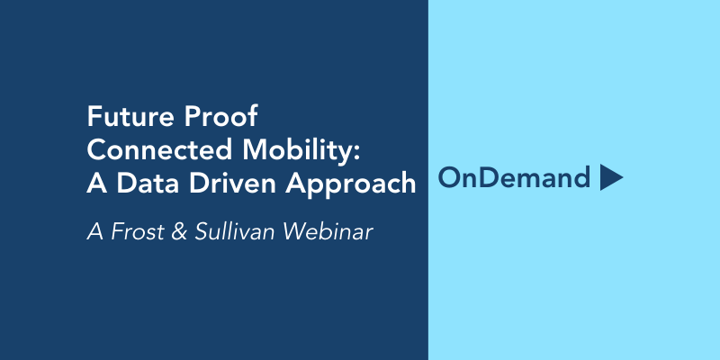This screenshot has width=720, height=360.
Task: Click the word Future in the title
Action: coord(130,117)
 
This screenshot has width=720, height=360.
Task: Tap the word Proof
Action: coord(220,117)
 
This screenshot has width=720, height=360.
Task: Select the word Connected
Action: coord(160,149)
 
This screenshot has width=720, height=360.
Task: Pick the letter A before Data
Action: coord(97,184)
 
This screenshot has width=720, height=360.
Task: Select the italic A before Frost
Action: coord(95,232)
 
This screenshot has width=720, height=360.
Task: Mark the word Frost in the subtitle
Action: coord(138,232)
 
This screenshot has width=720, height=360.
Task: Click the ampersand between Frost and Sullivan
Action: coord(178,232)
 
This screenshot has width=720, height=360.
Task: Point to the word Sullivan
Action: coord(234,231)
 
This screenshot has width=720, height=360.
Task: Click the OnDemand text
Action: coord(514,177)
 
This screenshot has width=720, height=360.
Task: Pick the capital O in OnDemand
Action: coord(449,178)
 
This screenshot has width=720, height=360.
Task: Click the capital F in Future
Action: coord(94,117)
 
